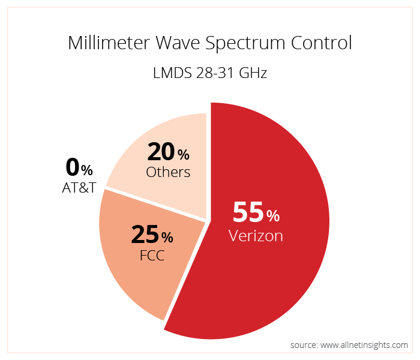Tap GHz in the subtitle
point(253,74)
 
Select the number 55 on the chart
point(248,212)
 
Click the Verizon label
point(256,236)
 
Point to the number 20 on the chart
point(160,152)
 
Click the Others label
point(168,173)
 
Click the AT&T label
point(79,188)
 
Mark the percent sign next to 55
point(273,215)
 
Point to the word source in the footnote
point(304,345)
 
